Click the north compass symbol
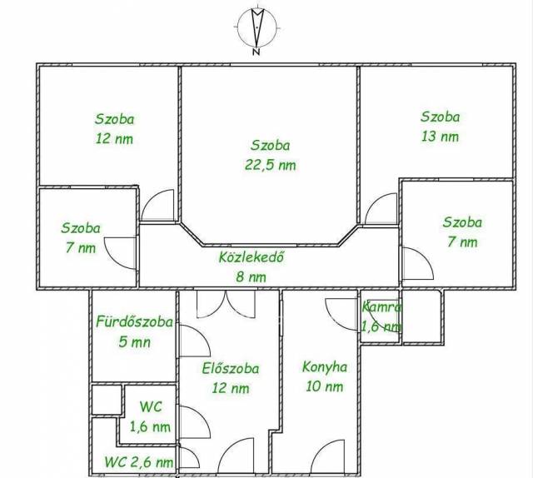click(x=257, y=27)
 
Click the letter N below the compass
click(x=257, y=52)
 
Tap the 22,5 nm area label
click(x=270, y=165)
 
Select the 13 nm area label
click(x=440, y=137)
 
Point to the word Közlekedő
click(x=252, y=257)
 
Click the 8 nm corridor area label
click(x=252, y=277)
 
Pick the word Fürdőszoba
click(x=135, y=322)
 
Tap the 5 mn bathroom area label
click(x=135, y=342)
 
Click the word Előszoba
click(x=231, y=369)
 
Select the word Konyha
click(x=325, y=367)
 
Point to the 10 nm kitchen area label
click(x=324, y=386)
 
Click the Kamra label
click(x=381, y=307)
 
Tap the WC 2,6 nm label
click(x=139, y=462)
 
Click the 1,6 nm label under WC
click(x=150, y=427)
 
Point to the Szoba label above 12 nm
click(x=115, y=119)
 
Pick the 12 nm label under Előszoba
click(x=231, y=388)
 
